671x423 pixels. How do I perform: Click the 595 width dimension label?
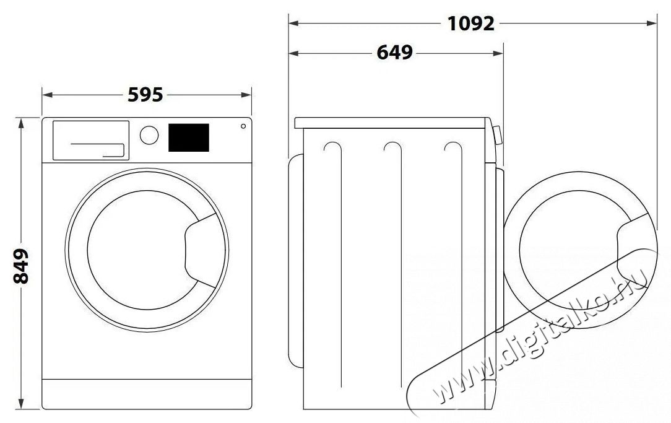tap(145, 95)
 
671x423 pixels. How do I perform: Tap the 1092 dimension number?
tap(472, 24)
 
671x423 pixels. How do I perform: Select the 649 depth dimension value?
tap(394, 53)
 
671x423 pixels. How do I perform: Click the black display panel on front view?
tap(188, 137)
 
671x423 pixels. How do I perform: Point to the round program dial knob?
tap(149, 136)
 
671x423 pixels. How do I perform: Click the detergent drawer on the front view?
tap(90, 140)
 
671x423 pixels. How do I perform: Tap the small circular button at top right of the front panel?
tap(242, 127)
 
